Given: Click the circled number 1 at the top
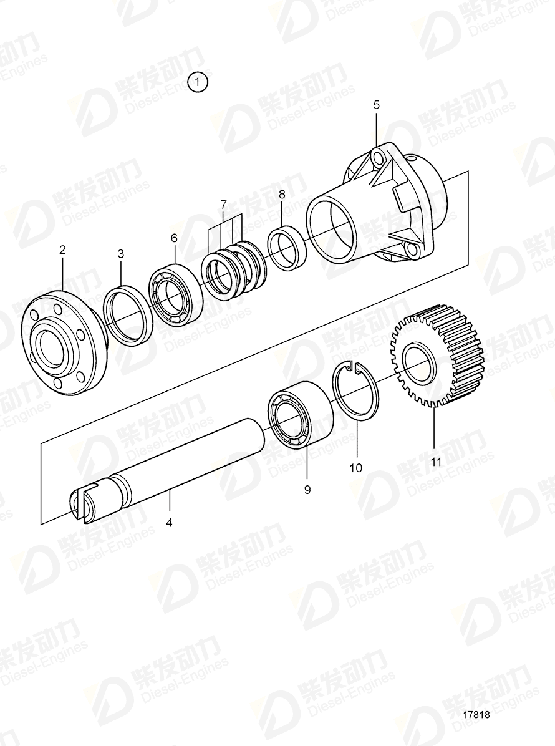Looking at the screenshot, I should tap(199, 82).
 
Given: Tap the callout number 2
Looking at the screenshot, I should tap(62, 249).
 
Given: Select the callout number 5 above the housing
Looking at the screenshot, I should tap(376, 104).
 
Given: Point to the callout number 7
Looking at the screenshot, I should tap(223, 204).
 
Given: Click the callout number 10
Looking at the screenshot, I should tap(356, 468).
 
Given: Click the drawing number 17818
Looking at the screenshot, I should tap(476, 716).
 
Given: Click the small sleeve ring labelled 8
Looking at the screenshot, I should tap(286, 249).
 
